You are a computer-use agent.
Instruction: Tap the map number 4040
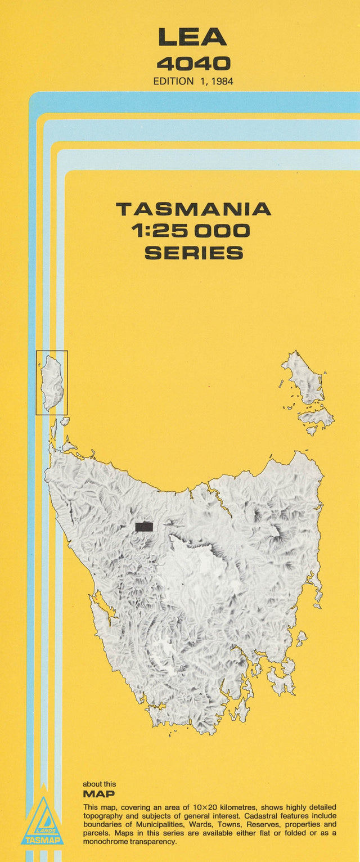click(193, 63)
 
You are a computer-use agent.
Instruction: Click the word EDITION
click(173, 81)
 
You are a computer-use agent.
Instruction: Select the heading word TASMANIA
click(193, 209)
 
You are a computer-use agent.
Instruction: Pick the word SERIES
click(193, 253)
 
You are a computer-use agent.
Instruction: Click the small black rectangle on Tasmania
click(144, 527)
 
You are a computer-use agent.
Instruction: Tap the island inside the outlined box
click(52, 383)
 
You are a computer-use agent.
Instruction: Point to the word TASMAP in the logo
click(42, 841)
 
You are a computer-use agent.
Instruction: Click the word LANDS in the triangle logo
click(42, 829)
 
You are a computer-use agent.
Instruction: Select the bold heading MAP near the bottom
click(98, 794)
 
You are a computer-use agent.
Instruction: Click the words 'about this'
click(100, 784)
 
